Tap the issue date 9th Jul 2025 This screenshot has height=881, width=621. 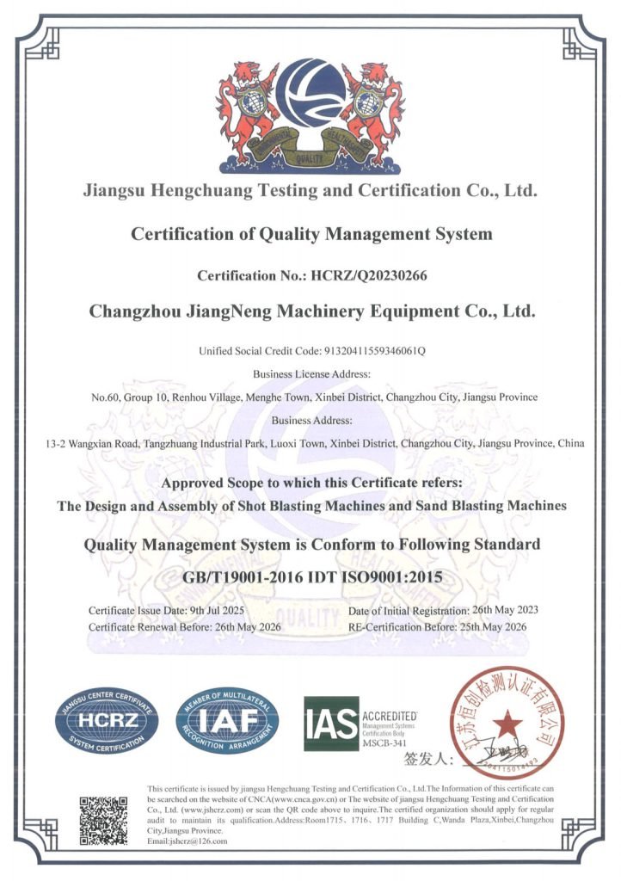coord(214,610)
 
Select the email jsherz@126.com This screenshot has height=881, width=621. coord(200,841)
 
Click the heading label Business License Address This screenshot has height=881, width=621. coord(311,374)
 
